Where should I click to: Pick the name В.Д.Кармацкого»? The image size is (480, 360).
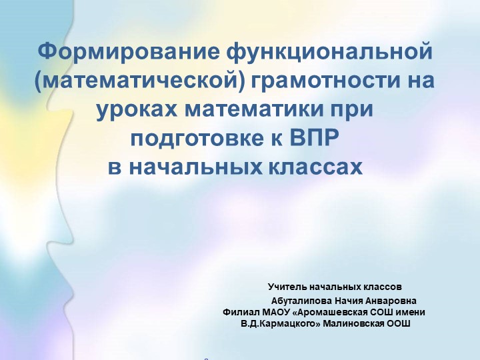click(x=276, y=323)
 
